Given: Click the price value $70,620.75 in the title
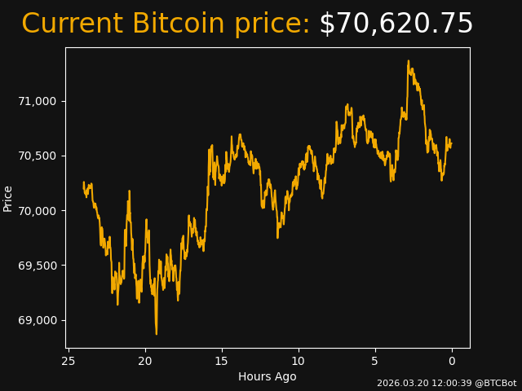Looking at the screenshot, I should coord(396,24).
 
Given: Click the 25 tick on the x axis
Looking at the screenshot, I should coord(69,361).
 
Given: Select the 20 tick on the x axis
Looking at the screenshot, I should coord(145,361).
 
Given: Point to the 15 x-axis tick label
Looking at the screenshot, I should coord(222,361).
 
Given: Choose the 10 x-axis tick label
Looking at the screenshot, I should coord(299,361).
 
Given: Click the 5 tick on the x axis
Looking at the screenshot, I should coord(375,361).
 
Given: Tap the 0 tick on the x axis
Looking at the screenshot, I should coord(452,361).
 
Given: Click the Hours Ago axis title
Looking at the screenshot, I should coord(267,376).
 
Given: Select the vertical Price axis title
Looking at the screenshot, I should coord(8,198).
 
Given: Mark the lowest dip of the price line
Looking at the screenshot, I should coord(157,333).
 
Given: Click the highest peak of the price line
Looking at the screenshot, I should coord(408,61).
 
